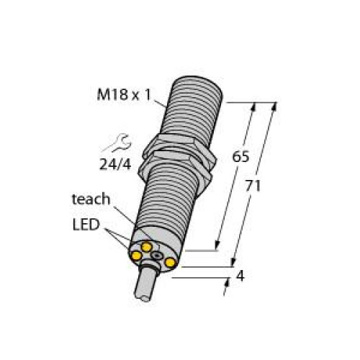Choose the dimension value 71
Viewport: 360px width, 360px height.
[x=253, y=186]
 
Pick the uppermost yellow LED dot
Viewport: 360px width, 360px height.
[x=147, y=247]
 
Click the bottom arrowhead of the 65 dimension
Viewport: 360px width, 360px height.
[x=217, y=246]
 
